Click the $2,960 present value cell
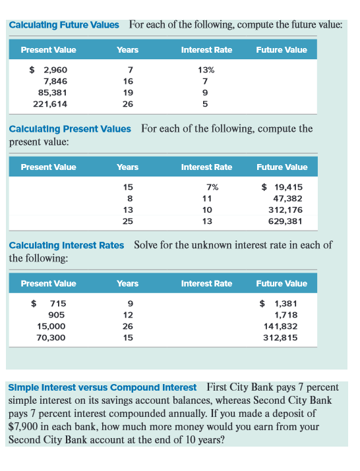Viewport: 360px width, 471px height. [x=48, y=69]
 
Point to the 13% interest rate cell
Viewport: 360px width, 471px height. [x=206, y=69]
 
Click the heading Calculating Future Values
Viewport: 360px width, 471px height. [x=64, y=25]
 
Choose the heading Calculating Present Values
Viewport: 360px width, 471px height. [x=70, y=128]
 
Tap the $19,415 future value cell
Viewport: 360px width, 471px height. [x=282, y=187]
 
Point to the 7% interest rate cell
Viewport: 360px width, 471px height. [x=212, y=187]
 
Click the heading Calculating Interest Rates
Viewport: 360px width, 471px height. [x=67, y=245]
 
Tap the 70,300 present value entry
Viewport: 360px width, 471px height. [x=50, y=337]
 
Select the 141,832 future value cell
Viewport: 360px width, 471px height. [x=282, y=326]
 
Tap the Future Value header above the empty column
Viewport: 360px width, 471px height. [x=282, y=50]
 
